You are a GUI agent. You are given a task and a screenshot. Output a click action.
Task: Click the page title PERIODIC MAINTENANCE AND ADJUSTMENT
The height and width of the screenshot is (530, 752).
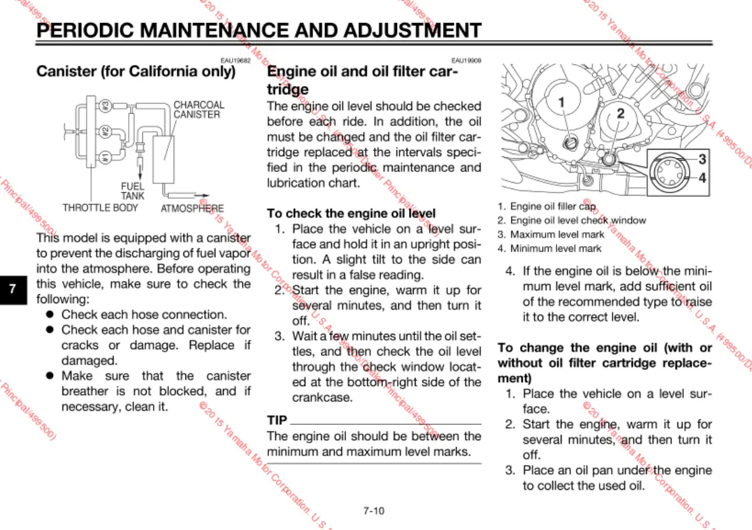(x=259, y=31)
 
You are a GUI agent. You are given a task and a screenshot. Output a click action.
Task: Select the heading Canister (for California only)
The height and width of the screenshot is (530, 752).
(x=136, y=71)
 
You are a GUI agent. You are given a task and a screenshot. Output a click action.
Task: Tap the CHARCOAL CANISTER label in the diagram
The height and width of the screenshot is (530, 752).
(x=198, y=110)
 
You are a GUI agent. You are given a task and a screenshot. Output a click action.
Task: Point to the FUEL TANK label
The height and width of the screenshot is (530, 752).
(x=133, y=191)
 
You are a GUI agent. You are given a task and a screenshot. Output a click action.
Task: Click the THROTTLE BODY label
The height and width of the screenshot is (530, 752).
(x=100, y=208)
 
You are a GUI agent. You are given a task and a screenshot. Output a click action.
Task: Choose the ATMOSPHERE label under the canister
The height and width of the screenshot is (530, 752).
(x=192, y=208)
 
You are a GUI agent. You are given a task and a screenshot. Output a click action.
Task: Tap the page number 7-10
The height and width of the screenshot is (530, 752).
(x=373, y=510)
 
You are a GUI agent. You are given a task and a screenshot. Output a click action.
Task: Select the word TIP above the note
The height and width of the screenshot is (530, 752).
(x=277, y=420)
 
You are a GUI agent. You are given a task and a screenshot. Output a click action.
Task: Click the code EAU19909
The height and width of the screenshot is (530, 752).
(x=466, y=61)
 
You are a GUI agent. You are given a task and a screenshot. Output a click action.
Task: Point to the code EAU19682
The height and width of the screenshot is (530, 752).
(x=236, y=61)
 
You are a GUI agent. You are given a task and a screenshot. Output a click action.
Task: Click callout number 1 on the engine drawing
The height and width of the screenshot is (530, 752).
(x=561, y=101)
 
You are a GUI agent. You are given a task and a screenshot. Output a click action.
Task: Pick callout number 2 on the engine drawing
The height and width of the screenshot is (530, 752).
(x=619, y=114)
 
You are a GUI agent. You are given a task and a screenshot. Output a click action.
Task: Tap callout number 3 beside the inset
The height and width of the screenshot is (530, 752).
(x=702, y=159)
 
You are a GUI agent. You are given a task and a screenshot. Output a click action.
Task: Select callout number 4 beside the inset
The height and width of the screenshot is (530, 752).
(x=702, y=178)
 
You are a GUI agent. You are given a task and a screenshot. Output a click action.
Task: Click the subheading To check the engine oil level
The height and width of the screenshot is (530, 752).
(x=351, y=213)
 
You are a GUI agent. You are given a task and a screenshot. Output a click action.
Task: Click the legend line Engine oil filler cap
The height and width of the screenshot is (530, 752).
(x=552, y=206)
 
